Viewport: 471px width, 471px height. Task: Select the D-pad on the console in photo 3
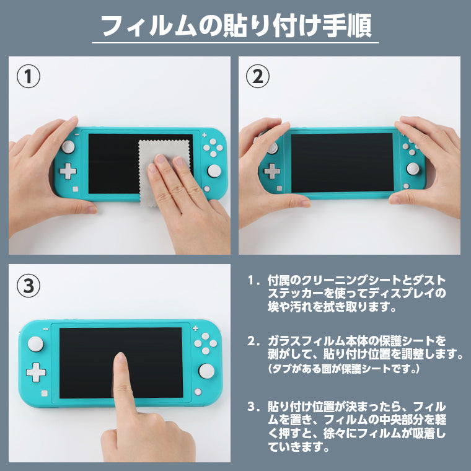(x=36, y=372)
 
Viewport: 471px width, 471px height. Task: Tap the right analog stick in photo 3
(x=206, y=371)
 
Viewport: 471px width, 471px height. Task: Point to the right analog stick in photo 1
(x=214, y=170)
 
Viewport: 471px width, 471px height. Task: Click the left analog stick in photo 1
(x=68, y=146)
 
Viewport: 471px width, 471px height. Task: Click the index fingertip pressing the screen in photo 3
(x=120, y=363)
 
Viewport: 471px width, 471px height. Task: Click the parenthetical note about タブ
(x=344, y=369)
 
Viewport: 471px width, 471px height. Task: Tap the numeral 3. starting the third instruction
(x=252, y=407)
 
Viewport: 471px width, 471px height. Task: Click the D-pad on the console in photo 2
(x=271, y=171)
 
